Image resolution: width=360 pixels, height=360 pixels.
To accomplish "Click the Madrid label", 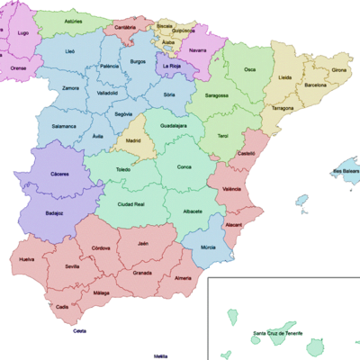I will coord(133,141).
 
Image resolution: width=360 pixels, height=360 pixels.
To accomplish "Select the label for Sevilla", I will coord(66,267).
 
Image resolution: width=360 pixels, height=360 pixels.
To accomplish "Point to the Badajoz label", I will coord(53,214).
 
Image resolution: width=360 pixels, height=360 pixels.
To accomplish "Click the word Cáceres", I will coord(60,174).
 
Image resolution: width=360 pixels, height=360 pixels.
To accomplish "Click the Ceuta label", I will coord(80,332).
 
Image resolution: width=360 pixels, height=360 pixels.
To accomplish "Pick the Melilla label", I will coord(160,355).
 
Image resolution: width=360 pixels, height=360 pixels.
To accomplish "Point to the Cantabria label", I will coord(125,28).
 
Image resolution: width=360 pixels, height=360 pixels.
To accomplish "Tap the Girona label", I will coord(338,69).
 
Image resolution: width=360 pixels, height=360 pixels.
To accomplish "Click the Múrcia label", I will coord(208,247).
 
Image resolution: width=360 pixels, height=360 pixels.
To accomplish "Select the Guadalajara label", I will coord(173,127).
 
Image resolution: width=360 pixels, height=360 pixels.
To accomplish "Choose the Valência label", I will coord(231,189).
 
